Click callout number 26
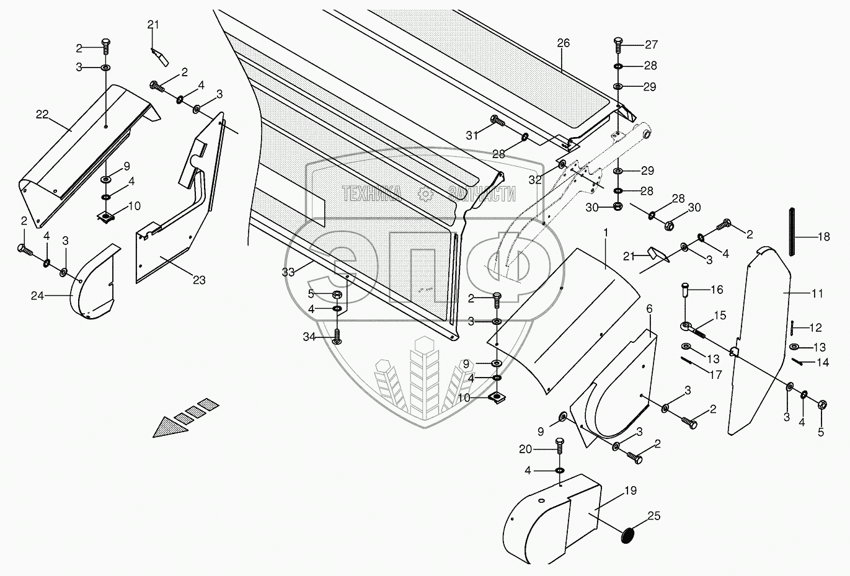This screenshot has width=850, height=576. coord(562,43)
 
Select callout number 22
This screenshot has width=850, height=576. coord(42,114)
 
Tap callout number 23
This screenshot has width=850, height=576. coord(198,280)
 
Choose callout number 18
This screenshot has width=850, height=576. coord(823,237)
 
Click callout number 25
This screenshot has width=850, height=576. coord(654,515)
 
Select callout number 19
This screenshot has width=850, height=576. coord(630,490)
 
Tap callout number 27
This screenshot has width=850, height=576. coord(650,45)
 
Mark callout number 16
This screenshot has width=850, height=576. coord(716,290)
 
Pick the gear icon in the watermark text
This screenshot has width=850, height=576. coord(425,194)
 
